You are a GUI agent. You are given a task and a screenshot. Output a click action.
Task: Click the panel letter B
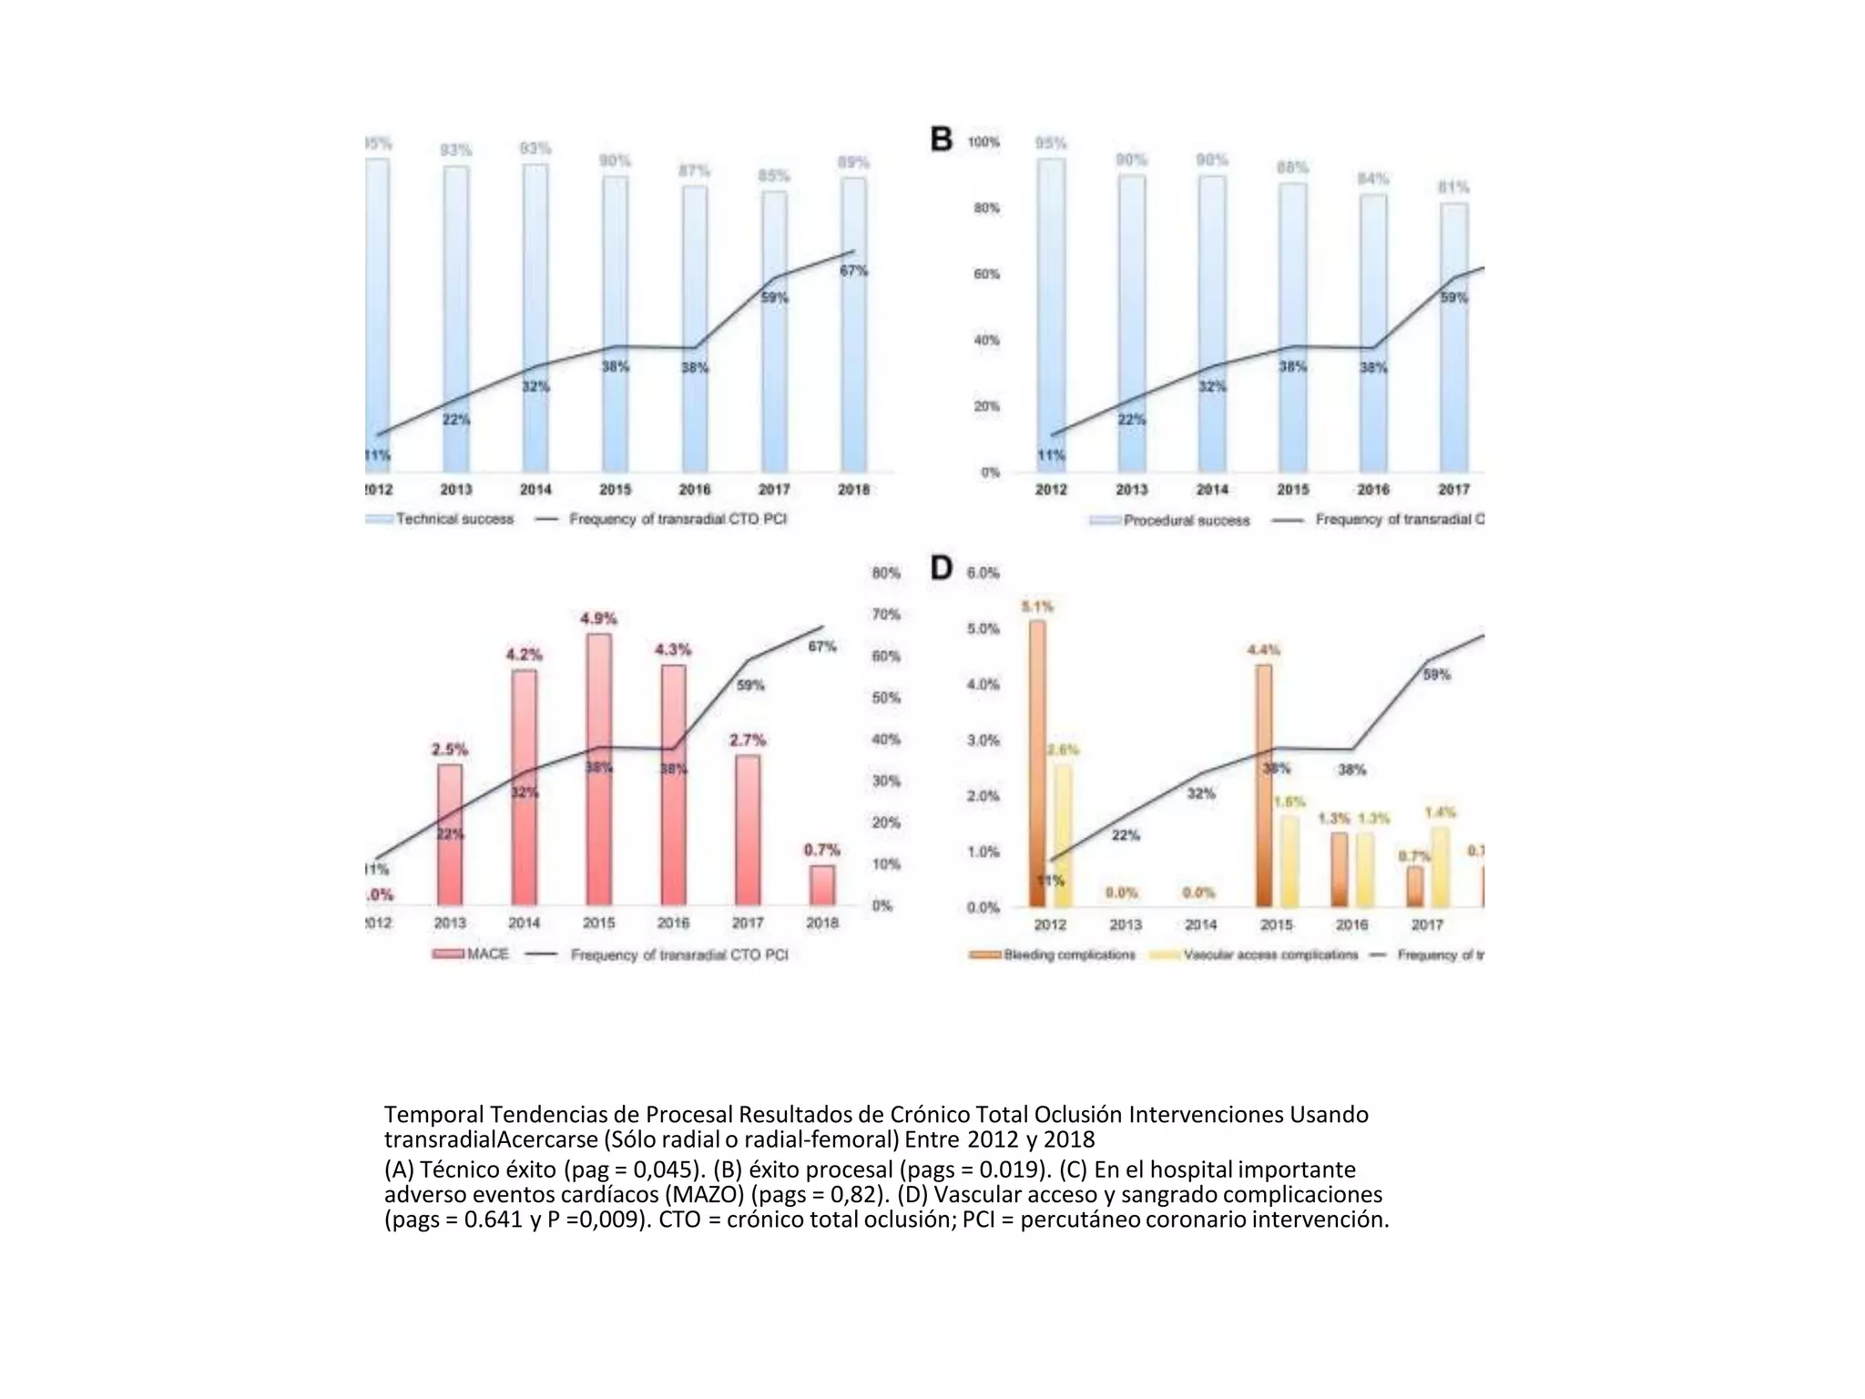tap(941, 139)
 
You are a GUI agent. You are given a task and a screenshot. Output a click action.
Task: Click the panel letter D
tap(941, 568)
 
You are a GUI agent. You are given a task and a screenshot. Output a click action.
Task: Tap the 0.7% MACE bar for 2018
tap(821, 884)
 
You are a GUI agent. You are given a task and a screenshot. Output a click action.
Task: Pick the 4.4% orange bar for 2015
tap(1263, 784)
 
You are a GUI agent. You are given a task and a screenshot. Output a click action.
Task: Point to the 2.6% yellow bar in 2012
tap(1063, 835)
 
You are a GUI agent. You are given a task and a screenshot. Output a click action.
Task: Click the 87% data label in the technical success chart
tap(694, 171)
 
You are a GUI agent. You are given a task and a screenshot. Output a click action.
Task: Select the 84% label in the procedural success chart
tap(1373, 179)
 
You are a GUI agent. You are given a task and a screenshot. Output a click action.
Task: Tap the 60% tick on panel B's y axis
tap(986, 274)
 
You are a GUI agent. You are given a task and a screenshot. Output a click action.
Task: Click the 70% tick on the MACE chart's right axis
tap(885, 615)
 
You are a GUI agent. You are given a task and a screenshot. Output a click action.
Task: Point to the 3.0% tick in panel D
tap(983, 740)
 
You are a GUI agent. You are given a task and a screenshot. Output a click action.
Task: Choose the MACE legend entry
tap(472, 954)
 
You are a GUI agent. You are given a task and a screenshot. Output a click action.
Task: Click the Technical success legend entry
tap(441, 519)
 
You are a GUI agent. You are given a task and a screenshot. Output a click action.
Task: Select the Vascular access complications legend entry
tap(1256, 955)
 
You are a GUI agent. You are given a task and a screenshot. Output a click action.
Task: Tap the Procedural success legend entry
tap(1171, 520)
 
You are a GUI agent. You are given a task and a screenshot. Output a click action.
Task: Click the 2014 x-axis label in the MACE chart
tap(524, 923)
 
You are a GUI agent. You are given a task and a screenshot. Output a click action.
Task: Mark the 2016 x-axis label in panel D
tap(1351, 924)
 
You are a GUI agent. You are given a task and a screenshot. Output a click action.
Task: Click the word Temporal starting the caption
tap(433, 1115)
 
